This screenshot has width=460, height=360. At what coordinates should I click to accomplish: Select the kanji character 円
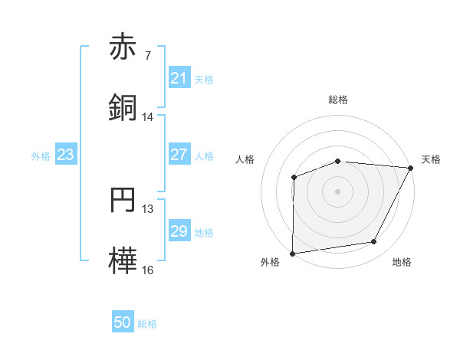pyautogui.click(x=123, y=201)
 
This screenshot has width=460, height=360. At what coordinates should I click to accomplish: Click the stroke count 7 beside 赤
pyautogui.click(x=148, y=56)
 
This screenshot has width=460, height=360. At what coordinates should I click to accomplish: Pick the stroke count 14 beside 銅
pyautogui.click(x=148, y=116)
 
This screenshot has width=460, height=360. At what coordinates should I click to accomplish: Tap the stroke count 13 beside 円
pyautogui.click(x=148, y=209)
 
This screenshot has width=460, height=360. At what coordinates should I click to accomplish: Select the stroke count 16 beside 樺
pyautogui.click(x=148, y=270)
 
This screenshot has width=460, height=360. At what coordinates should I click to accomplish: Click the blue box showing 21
pyautogui.click(x=179, y=78)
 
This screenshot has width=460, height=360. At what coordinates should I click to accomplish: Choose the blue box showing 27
pyautogui.click(x=179, y=155)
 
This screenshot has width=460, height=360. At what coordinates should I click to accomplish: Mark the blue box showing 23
pyautogui.click(x=66, y=155)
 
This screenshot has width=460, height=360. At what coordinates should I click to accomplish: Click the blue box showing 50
pyautogui.click(x=123, y=322)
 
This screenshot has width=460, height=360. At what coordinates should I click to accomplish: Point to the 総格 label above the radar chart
pyautogui.click(x=338, y=100)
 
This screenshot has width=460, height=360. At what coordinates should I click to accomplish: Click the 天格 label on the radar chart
pyautogui.click(x=431, y=159)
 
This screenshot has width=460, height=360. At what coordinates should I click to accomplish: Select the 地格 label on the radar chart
pyautogui.click(x=402, y=263)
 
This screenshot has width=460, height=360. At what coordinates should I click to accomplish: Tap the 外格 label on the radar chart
pyautogui.click(x=270, y=263)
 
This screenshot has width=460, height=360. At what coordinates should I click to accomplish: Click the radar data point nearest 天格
pyautogui.click(x=411, y=168)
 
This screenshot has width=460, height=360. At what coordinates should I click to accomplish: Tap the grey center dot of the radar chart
pyautogui.click(x=338, y=191)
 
